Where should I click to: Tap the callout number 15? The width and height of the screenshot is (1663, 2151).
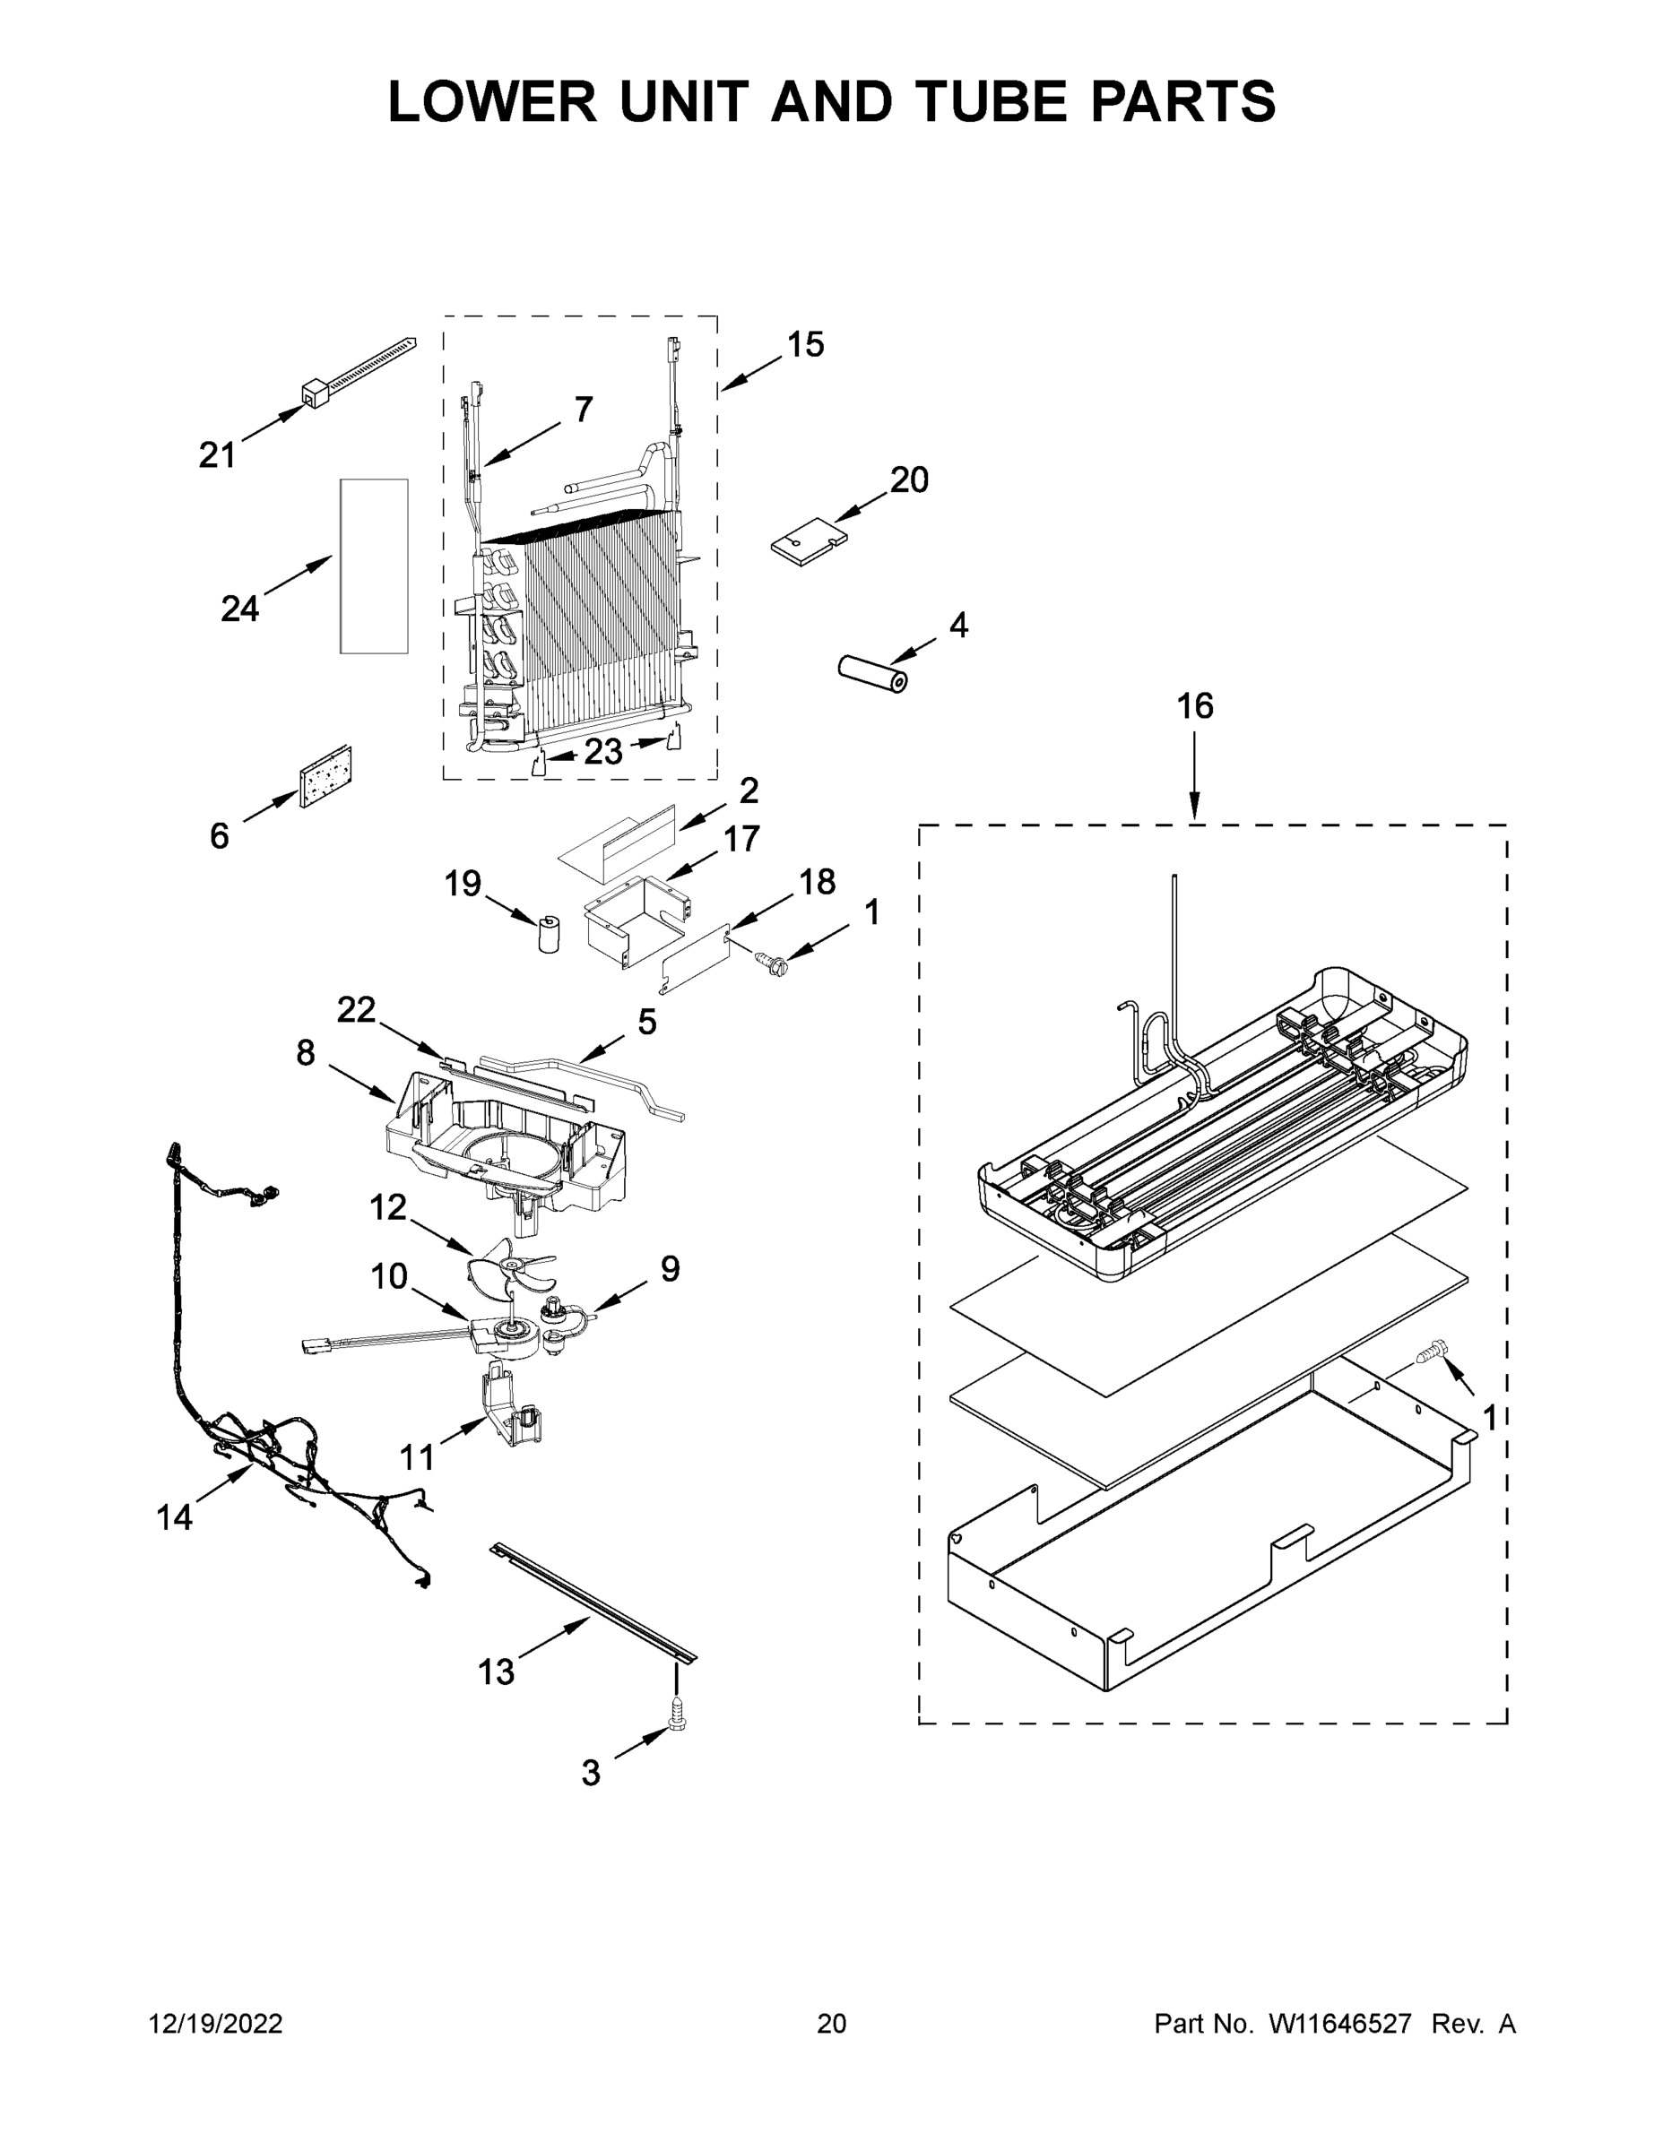point(805,345)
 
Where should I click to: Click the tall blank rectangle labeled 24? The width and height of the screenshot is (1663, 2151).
point(373,566)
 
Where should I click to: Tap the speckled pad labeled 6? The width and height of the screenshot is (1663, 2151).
point(326,776)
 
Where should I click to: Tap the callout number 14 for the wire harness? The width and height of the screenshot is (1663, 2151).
point(175,1517)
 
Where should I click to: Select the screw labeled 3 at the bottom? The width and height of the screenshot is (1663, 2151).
point(677,1713)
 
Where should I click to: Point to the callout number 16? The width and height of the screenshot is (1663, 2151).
point(1194,706)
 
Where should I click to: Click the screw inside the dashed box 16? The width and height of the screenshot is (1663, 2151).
point(1431,1351)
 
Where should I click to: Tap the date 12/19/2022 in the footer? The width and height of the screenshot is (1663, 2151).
point(216,2024)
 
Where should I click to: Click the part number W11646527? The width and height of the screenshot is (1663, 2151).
point(1340,2024)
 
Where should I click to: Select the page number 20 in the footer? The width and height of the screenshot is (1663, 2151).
point(832,2024)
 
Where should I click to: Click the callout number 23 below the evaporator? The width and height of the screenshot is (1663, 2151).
point(603,753)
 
